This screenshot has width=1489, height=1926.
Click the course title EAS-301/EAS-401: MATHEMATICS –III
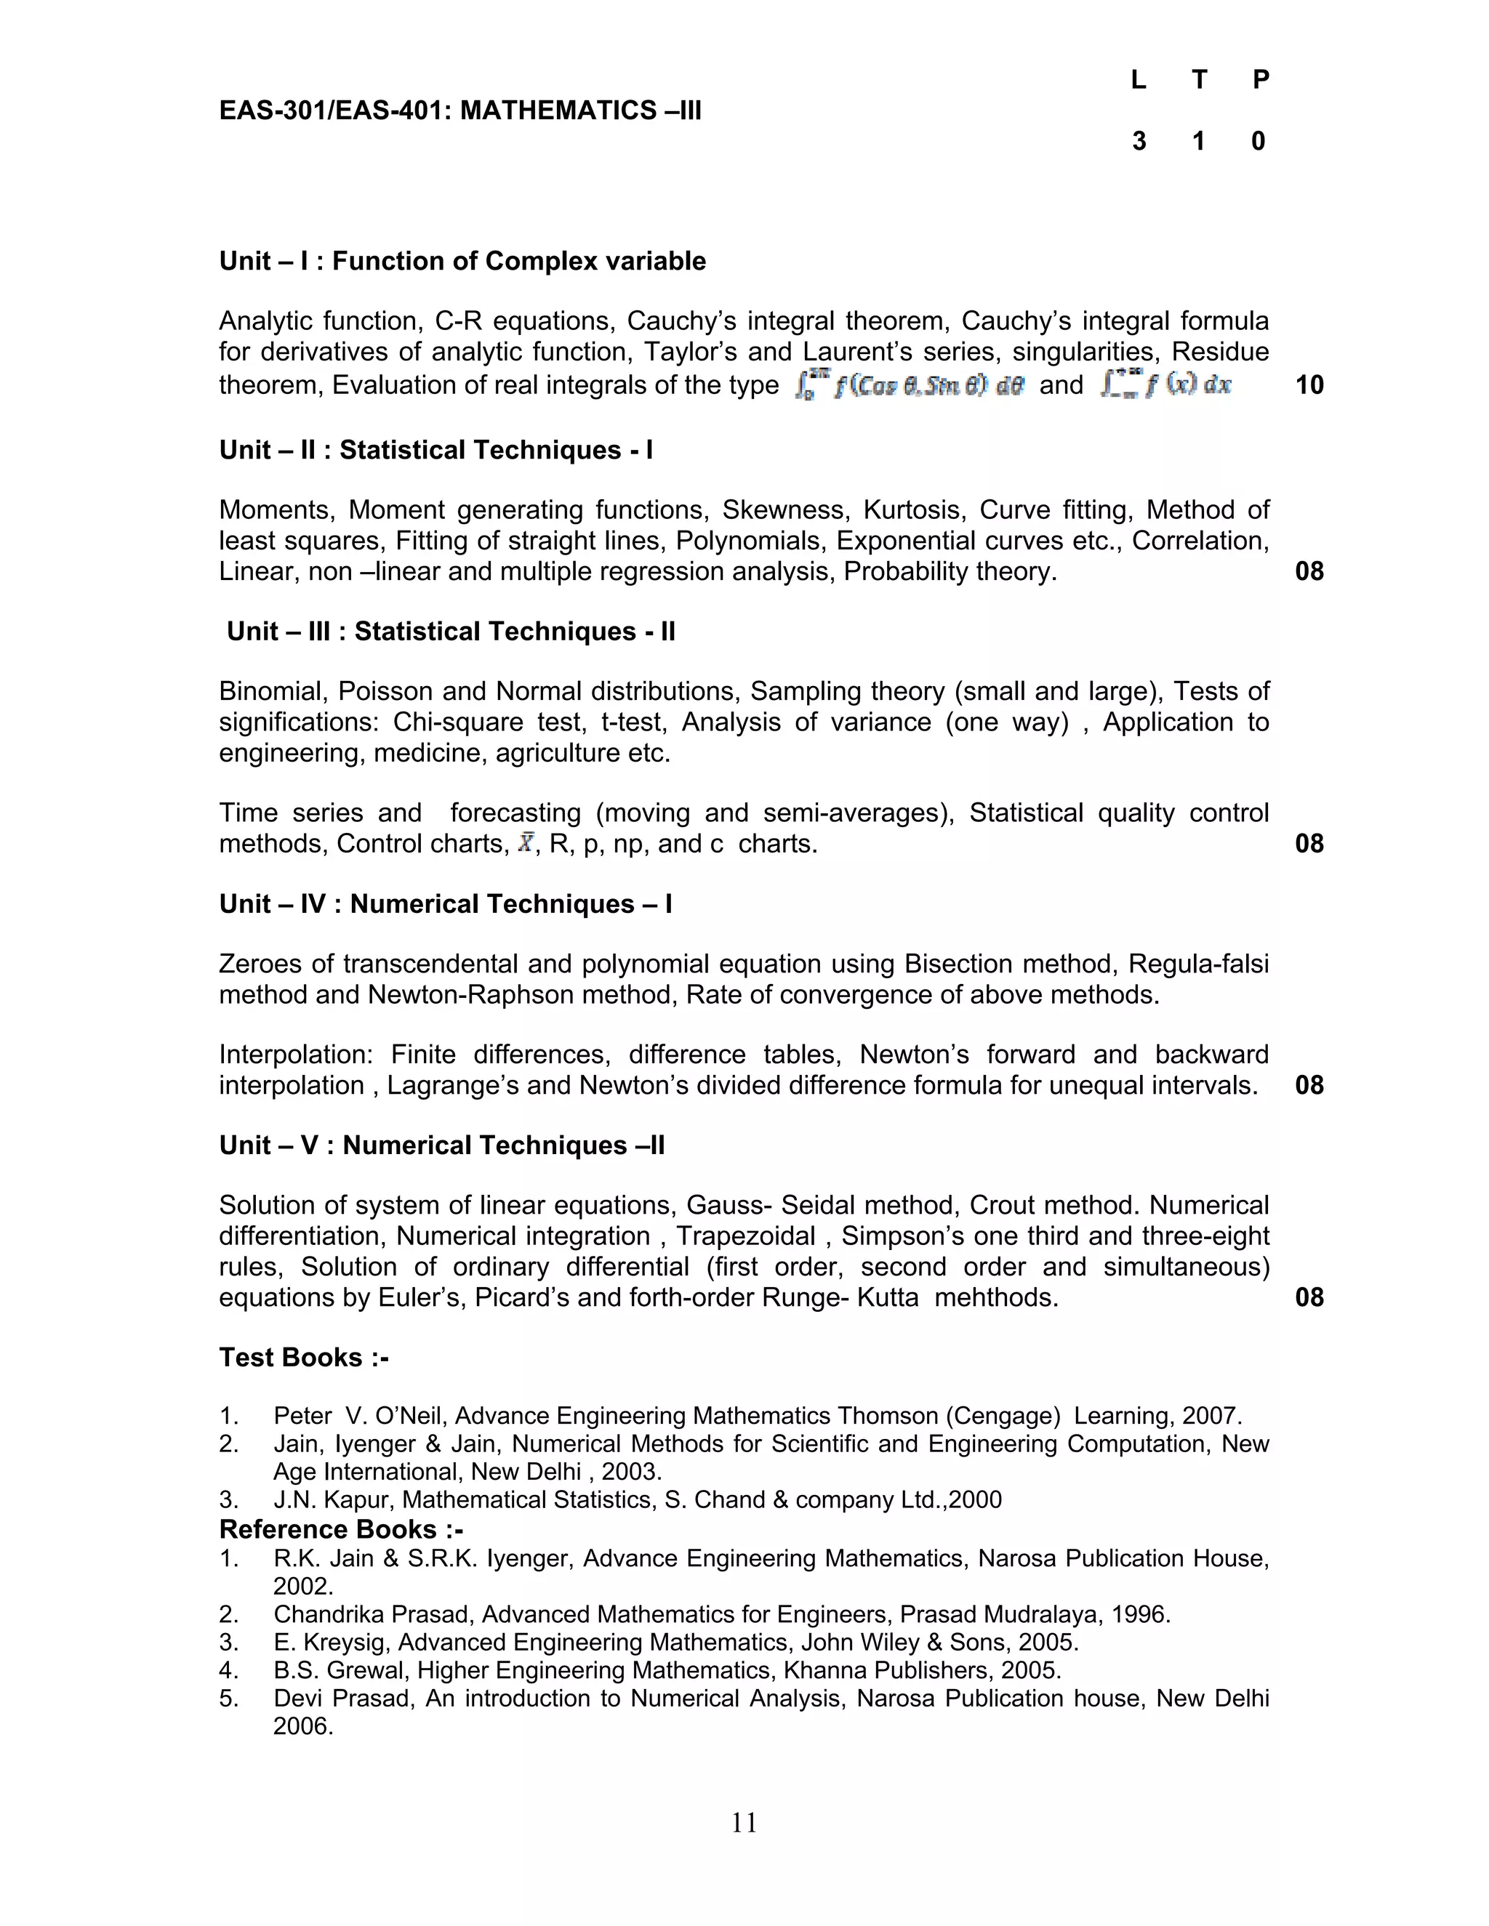tap(459, 110)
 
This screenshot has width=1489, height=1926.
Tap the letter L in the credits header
tap(1138, 79)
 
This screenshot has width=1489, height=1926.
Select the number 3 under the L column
tap(1139, 141)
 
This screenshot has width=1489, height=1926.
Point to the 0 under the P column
tap(1259, 141)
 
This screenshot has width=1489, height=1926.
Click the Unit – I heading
tap(462, 261)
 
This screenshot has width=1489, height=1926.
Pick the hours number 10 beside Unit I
tap(1309, 384)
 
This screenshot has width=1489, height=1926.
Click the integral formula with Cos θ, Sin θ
tap(909, 385)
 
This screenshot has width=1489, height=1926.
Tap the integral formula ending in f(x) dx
tap(1165, 385)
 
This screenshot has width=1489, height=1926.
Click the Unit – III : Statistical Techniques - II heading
tap(451, 632)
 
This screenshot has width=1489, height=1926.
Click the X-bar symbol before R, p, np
tap(526, 843)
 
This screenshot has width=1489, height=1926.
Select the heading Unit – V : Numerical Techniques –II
tap(442, 1145)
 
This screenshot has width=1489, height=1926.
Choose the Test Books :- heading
tap(303, 1357)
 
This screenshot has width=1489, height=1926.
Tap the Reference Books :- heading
tap(340, 1528)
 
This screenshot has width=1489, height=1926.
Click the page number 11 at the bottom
tap(744, 1823)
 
